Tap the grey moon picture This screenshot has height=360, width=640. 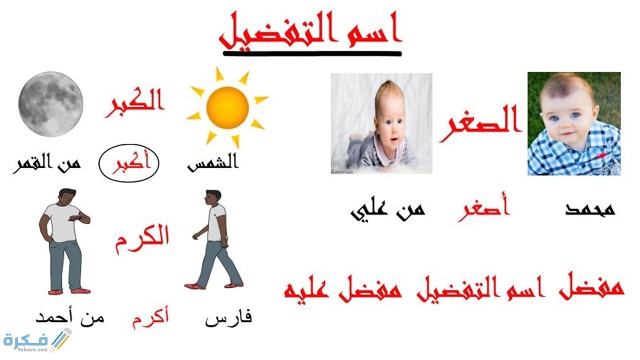[50, 103]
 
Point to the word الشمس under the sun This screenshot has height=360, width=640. [213, 164]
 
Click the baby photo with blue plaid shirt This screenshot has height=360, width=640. [573, 123]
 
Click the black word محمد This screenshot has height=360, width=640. [590, 209]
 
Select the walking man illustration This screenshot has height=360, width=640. [214, 239]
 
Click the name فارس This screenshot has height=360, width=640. [228, 318]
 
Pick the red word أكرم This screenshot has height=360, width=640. [150, 318]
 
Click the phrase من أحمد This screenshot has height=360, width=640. [70, 317]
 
